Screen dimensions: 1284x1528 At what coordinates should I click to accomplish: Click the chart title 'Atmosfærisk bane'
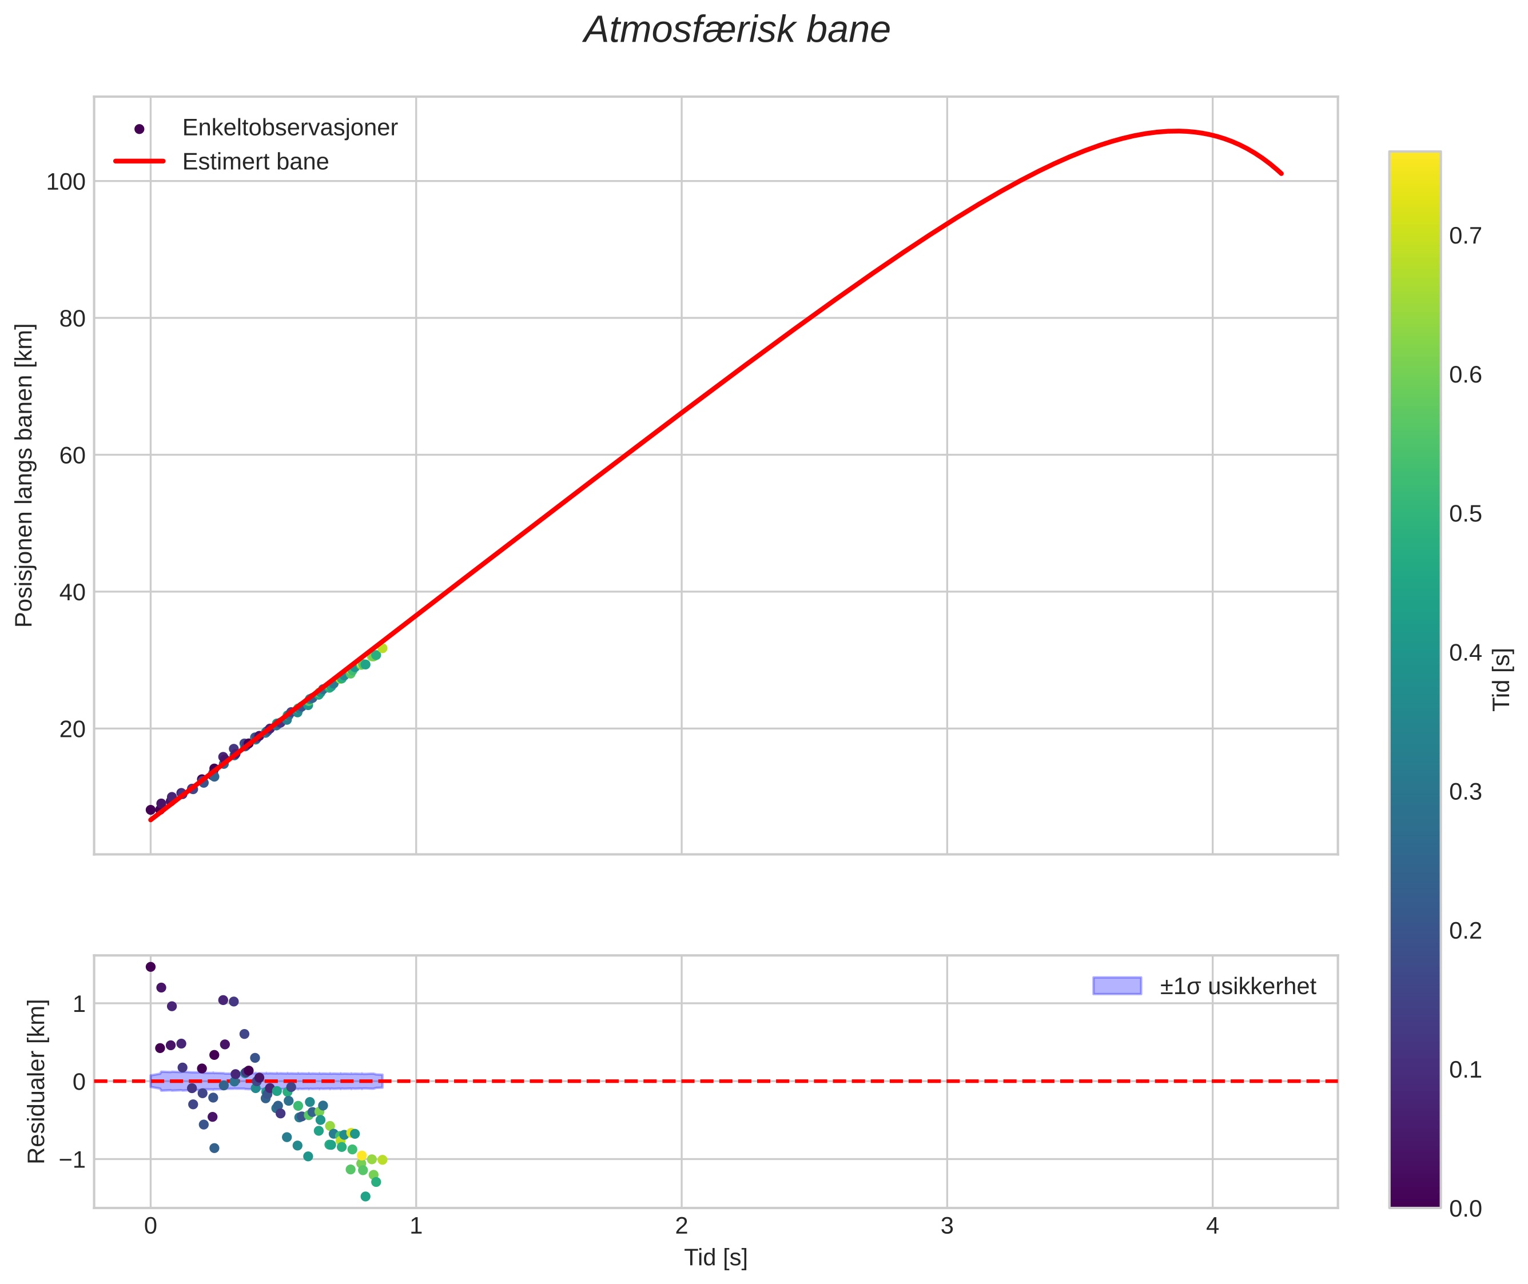coord(736,30)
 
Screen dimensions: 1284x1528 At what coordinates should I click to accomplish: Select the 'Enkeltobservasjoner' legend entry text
coord(290,128)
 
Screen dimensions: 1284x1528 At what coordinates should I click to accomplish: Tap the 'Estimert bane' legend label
coord(256,162)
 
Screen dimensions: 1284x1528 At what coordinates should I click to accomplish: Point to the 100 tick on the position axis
coord(66,182)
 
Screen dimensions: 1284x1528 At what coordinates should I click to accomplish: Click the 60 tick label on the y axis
coord(72,456)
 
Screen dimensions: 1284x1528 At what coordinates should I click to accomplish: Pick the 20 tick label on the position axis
coord(72,729)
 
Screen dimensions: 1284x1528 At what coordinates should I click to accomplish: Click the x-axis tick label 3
coord(946,1226)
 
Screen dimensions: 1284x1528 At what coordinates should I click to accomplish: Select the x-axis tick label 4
coord(1212,1226)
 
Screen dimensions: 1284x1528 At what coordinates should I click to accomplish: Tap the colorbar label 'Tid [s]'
coord(1502,679)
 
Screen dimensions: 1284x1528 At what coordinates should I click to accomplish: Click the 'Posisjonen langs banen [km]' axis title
coord(24,475)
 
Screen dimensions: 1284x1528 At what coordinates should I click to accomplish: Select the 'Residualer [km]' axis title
coord(37,1081)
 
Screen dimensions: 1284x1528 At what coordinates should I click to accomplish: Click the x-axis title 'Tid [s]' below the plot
coord(715,1258)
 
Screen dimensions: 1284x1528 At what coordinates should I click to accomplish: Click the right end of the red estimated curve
coord(1281,173)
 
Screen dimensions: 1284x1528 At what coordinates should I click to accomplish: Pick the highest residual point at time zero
coord(151,967)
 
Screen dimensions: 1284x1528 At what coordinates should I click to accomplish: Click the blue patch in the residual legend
coord(1117,986)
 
